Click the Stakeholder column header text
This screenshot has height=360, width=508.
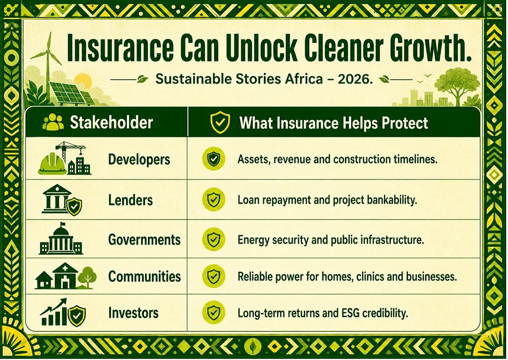point(111,123)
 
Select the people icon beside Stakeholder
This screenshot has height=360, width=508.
point(53,122)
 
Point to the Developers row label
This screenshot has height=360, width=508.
point(139,159)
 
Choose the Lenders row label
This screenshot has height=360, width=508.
point(130,200)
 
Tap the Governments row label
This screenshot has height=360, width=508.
point(144,240)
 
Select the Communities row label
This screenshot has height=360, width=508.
point(145,276)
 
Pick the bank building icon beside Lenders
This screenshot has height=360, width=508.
point(57,199)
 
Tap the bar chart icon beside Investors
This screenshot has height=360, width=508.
point(54,312)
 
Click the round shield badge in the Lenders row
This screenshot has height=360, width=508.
point(213,199)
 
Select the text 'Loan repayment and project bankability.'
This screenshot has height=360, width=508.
point(327,200)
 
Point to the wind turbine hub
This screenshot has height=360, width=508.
point(48,52)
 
